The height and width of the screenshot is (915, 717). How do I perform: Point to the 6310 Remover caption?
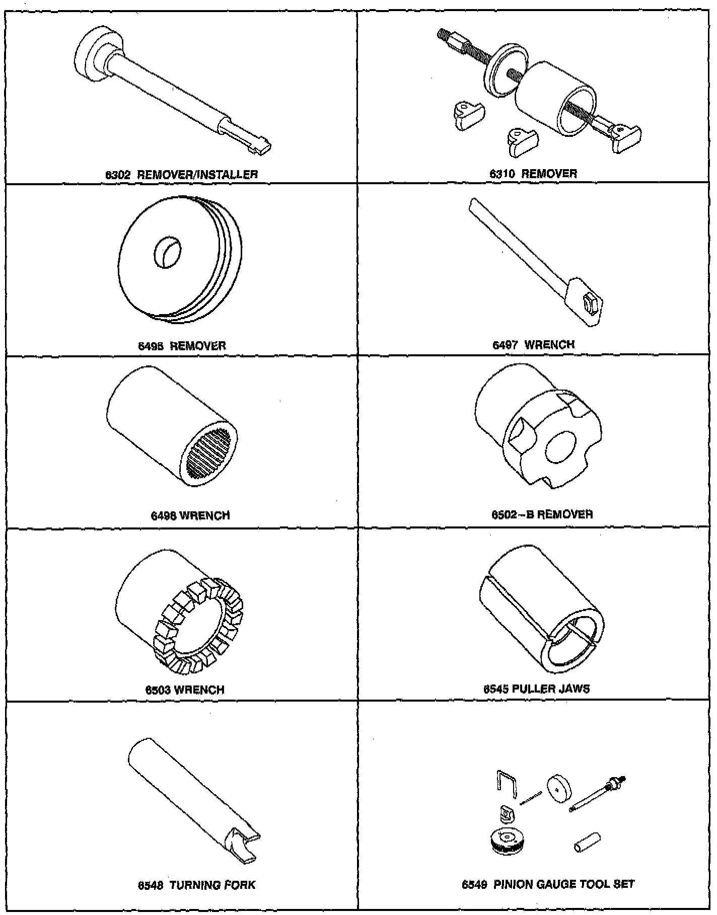click(534, 174)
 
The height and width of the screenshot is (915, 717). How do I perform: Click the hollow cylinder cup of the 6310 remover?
click(554, 98)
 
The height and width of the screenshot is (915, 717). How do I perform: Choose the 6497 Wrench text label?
click(534, 345)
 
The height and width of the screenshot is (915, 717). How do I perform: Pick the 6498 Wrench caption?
click(190, 515)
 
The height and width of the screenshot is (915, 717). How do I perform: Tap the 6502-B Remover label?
click(542, 514)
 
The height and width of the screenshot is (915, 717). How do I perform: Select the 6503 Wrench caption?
click(185, 690)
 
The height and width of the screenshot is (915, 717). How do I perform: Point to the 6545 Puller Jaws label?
click(536, 689)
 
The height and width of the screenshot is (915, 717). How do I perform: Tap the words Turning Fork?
click(212, 885)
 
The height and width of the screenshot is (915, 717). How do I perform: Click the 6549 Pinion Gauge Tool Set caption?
click(548, 884)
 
